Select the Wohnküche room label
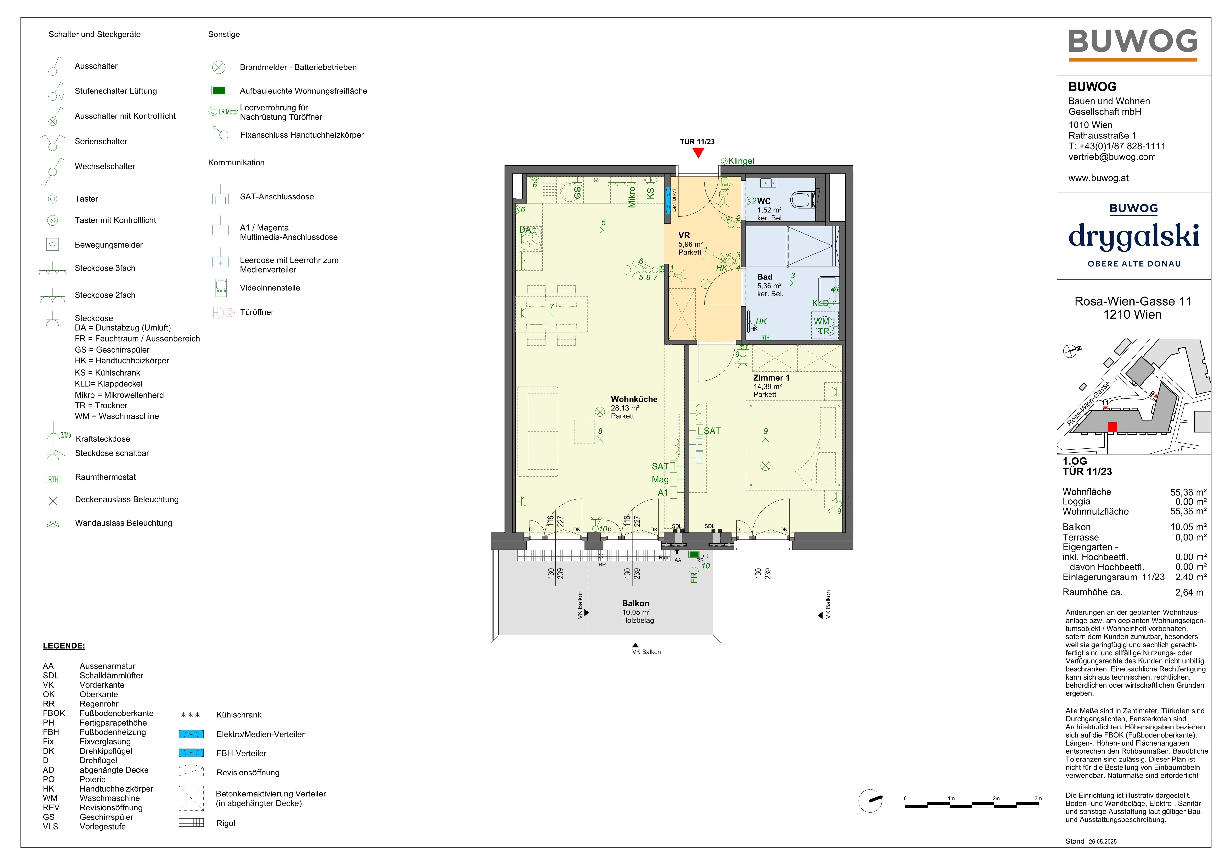click(x=634, y=399)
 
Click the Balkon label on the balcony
click(x=635, y=603)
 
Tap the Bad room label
click(x=765, y=277)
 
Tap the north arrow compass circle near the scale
click(x=870, y=800)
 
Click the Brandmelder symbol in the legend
click(x=218, y=67)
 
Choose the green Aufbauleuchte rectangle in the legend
click(x=219, y=91)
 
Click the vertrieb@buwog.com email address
click(x=1112, y=157)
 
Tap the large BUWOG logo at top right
click(x=1133, y=42)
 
